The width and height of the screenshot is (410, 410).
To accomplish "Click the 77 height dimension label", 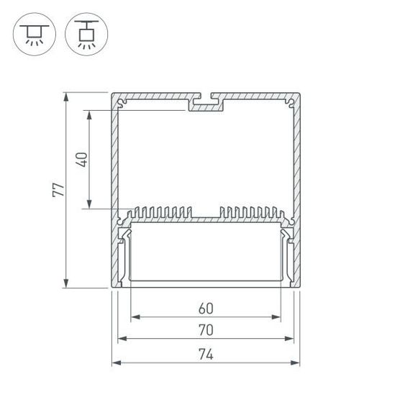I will pyautogui.click(x=59, y=190).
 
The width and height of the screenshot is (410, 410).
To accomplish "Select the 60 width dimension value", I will pyautogui.click(x=206, y=309).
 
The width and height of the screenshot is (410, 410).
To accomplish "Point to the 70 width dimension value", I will pyautogui.click(x=206, y=331).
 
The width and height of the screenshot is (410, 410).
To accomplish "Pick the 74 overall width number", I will pyautogui.click(x=206, y=354).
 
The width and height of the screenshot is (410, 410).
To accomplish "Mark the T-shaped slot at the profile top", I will pyautogui.click(x=206, y=101).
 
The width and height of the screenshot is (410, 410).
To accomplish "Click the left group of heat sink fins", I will pyautogui.click(x=161, y=213).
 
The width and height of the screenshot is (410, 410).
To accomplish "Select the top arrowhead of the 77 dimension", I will pyautogui.click(x=66, y=96).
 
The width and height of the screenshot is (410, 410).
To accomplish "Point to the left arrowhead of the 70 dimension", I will pyautogui.click(x=121, y=339).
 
